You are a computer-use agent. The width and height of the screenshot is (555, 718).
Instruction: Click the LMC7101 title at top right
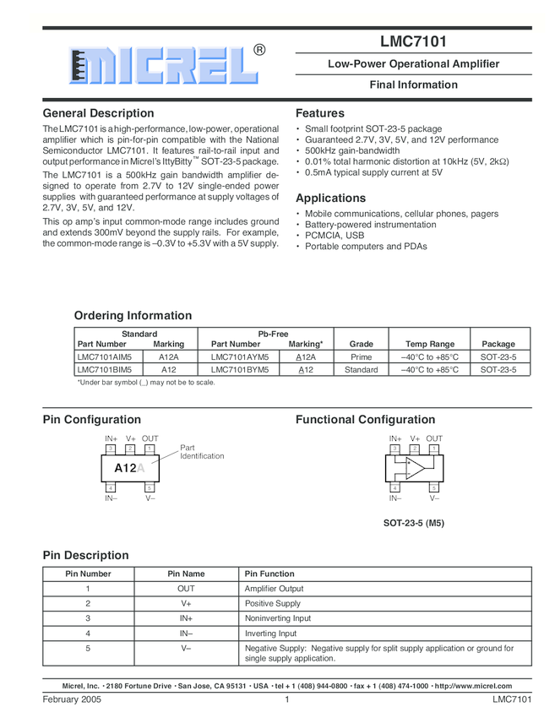pyautogui.click(x=413, y=41)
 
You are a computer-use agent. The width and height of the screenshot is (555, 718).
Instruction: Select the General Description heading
pyautogui.click(x=98, y=113)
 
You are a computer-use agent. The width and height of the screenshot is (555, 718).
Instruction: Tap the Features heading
pyautogui.click(x=320, y=113)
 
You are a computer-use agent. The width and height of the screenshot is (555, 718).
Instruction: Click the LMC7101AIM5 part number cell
pyautogui.click(x=105, y=357)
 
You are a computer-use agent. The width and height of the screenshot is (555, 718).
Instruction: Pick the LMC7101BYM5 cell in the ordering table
pyautogui.click(x=240, y=370)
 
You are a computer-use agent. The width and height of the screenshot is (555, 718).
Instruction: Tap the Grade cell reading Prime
pyautogui.click(x=361, y=357)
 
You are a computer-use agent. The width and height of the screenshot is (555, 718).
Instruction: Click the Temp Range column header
pyautogui.click(x=429, y=345)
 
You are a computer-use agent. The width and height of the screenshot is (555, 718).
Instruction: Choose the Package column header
pyautogui.click(x=498, y=345)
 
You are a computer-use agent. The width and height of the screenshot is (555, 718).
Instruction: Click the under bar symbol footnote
pyautogui.click(x=145, y=383)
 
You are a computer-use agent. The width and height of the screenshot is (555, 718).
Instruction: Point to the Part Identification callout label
pyautogui.click(x=202, y=452)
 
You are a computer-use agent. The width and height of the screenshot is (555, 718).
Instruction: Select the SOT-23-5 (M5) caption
pyautogui.click(x=414, y=523)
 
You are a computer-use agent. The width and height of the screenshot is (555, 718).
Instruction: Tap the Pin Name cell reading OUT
pyautogui.click(x=186, y=589)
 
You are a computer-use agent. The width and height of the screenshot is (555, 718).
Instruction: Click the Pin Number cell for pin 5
pyautogui.click(x=88, y=649)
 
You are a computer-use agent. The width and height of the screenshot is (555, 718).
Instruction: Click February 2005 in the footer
pyautogui.click(x=72, y=700)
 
